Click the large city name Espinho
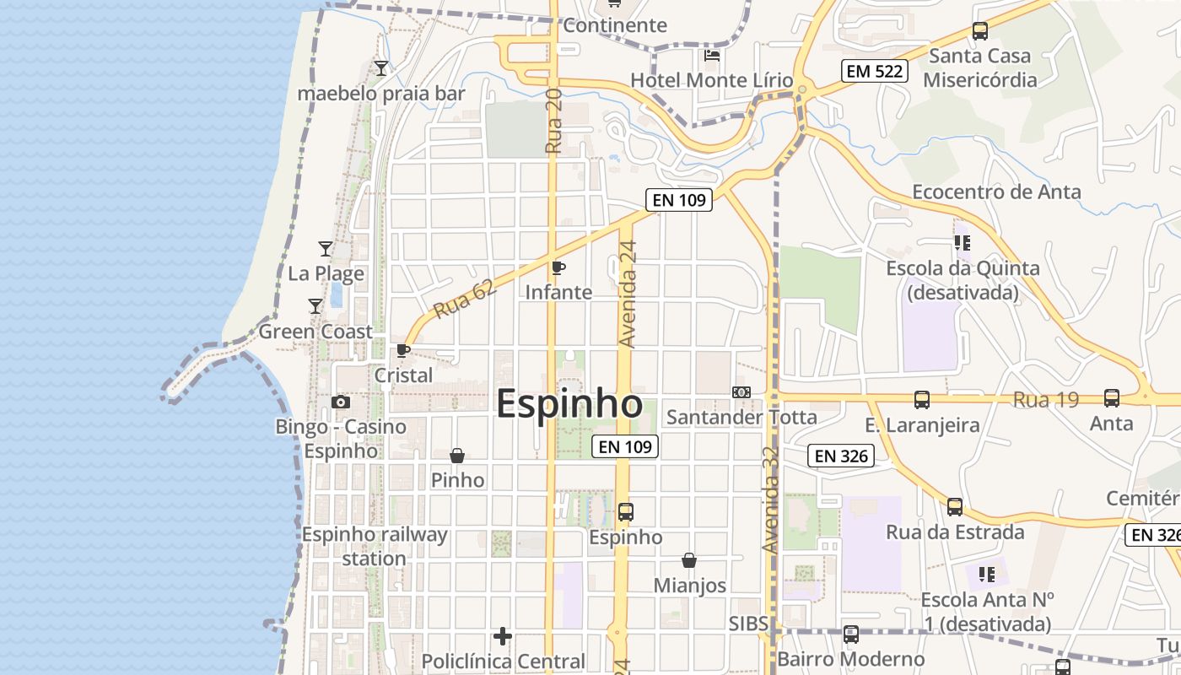click(x=569, y=404)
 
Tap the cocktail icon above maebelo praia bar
click(x=381, y=68)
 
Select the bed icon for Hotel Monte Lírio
click(x=712, y=56)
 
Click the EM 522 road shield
click(x=875, y=72)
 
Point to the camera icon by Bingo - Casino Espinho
click(x=341, y=402)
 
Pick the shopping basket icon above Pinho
click(x=457, y=456)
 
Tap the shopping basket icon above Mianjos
click(x=689, y=560)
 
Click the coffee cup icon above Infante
click(x=558, y=268)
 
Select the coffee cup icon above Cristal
click(x=403, y=350)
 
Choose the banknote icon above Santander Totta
click(x=741, y=392)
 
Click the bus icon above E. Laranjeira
click(x=922, y=400)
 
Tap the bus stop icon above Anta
click(x=1112, y=398)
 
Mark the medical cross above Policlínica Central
click(x=503, y=636)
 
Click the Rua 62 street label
click(x=464, y=300)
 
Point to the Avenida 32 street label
click(x=771, y=500)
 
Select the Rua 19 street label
click(x=1046, y=400)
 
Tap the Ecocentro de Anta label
click(x=996, y=192)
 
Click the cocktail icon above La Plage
click(x=326, y=249)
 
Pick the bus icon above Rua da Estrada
click(x=955, y=507)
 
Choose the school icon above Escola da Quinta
click(x=962, y=244)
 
